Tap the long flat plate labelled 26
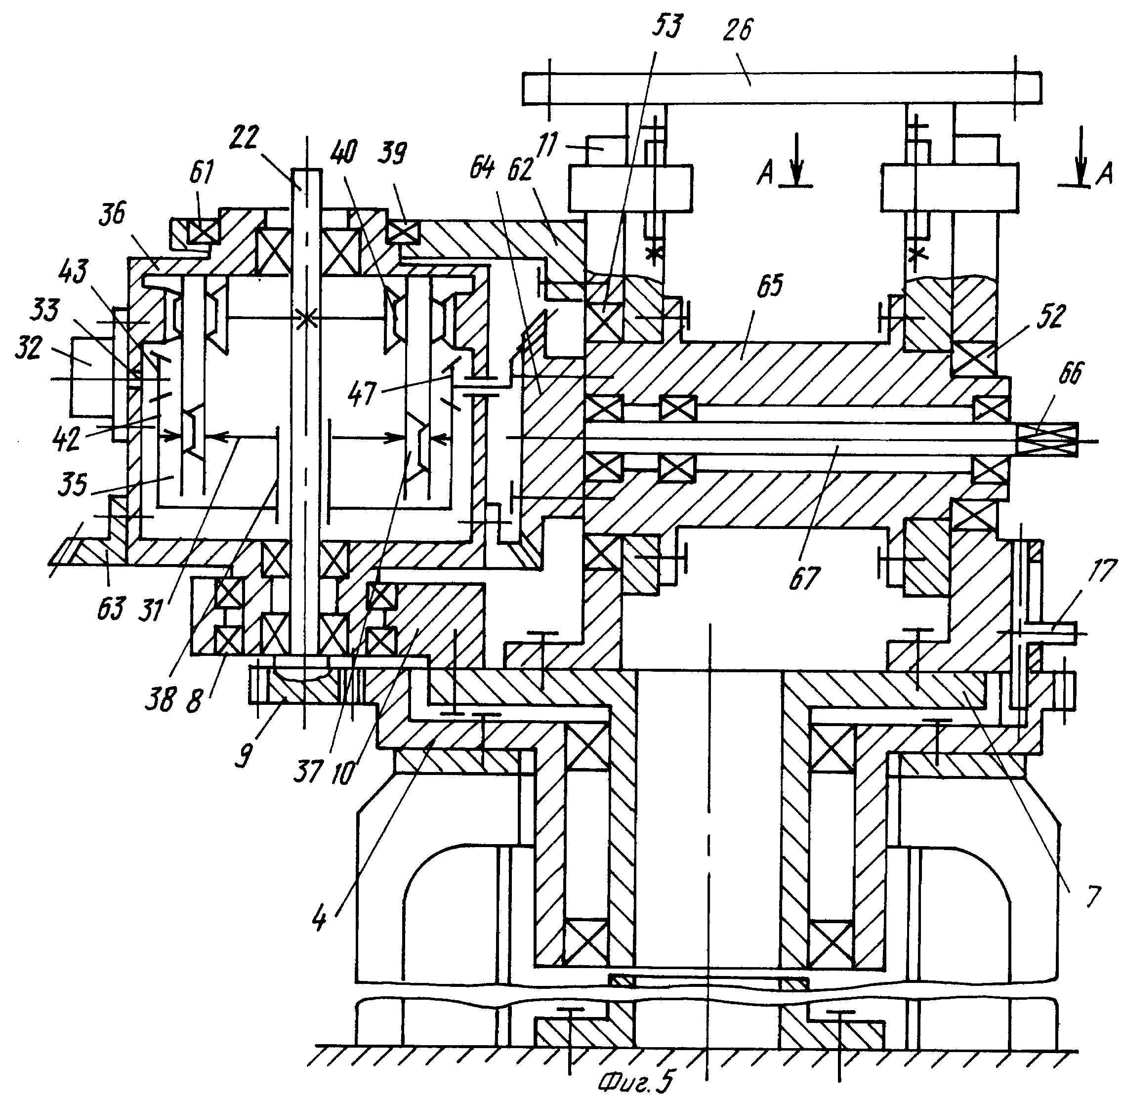[783, 88]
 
